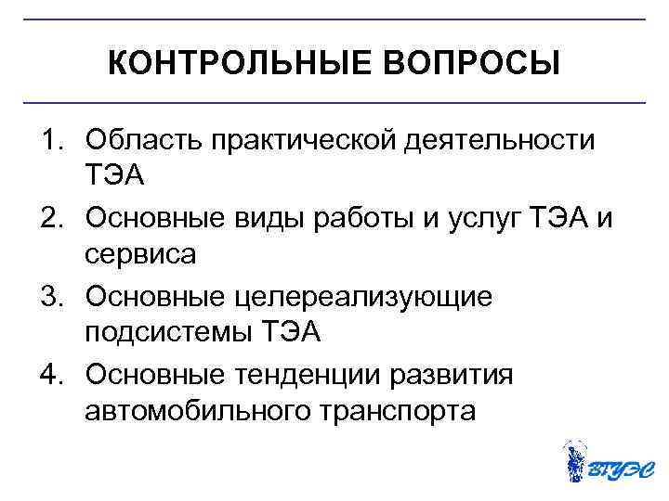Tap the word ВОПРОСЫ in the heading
click(x=471, y=64)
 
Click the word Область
click(x=143, y=140)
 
